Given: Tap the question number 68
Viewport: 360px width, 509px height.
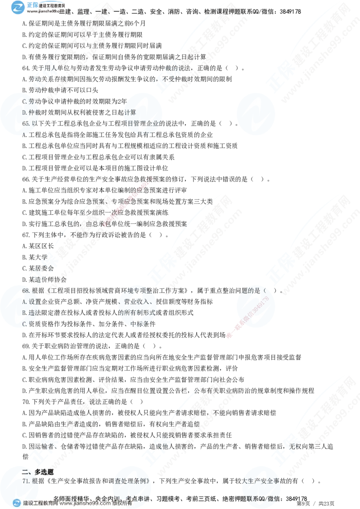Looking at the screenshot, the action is pyautogui.click(x=26, y=290).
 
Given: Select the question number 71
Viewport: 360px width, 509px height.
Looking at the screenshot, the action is pyautogui.click(x=26, y=481).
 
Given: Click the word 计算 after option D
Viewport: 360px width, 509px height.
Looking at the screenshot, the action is pyautogui.click(x=130, y=112).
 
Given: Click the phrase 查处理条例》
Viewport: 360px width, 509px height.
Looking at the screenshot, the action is pyautogui.click(x=132, y=481).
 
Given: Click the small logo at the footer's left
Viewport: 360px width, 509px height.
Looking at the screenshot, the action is pyautogui.click(x=17, y=503).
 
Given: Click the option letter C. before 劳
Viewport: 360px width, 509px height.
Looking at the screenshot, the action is pyautogui.click(x=26, y=102).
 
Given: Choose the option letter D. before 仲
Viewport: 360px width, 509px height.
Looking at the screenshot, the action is pyautogui.click(x=26, y=112).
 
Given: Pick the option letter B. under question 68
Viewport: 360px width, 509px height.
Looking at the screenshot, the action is pyautogui.click(x=25, y=312).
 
